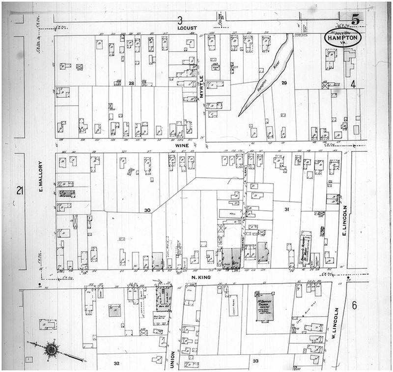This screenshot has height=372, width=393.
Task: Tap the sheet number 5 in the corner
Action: (356, 19)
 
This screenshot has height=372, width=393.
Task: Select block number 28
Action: (131, 84)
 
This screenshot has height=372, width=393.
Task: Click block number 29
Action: (284, 83)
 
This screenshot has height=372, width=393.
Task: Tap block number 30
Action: (147, 210)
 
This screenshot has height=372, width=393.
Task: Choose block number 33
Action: (255, 361)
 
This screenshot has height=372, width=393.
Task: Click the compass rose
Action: (51, 350)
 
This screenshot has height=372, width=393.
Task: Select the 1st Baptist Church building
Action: (265, 307)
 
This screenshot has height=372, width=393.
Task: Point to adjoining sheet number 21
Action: (19, 191)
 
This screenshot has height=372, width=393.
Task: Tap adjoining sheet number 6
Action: (354, 305)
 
